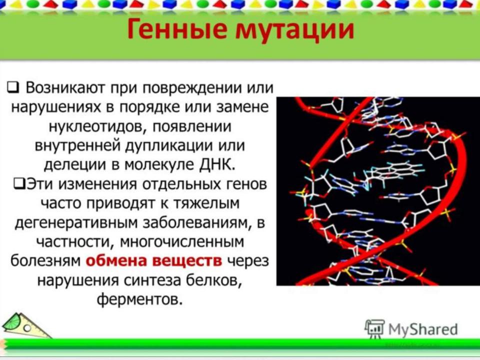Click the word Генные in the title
pos(178,29)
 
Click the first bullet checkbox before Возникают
pos(13,88)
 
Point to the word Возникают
pos(66,88)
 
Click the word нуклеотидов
pos(95,126)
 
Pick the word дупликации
pos(169,145)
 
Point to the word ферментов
pos(139,299)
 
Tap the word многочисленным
pos(182,242)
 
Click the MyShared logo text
pos(423,329)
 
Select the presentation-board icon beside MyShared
pos(374,328)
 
